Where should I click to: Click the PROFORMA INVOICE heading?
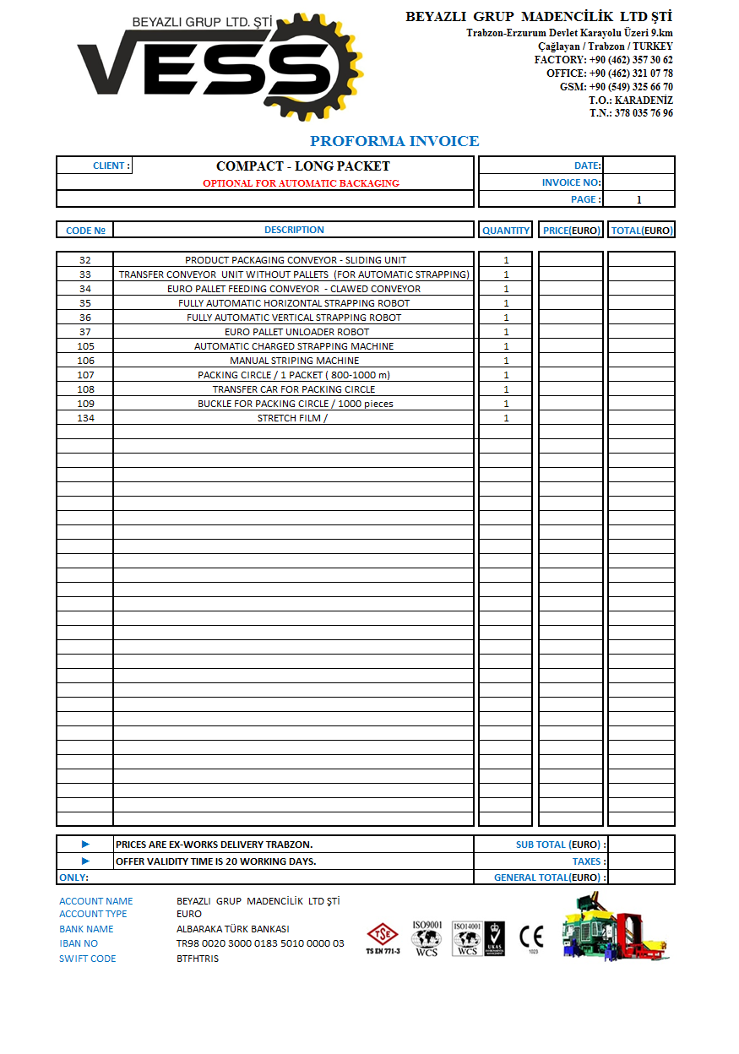click(x=394, y=141)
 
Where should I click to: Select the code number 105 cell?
click(x=85, y=346)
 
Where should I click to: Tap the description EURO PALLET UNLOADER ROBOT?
click(x=294, y=332)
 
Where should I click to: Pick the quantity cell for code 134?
click(x=506, y=418)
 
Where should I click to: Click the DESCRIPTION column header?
click(x=294, y=230)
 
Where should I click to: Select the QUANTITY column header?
click(x=506, y=230)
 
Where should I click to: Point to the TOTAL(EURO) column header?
click(x=641, y=230)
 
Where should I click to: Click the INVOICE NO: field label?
click(x=572, y=182)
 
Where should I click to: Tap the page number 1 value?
click(x=639, y=200)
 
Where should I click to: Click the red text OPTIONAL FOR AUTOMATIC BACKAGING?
click(x=301, y=183)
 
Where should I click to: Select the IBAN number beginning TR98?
click(x=260, y=943)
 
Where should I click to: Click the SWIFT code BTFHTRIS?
click(x=198, y=959)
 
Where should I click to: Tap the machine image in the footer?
click(x=617, y=926)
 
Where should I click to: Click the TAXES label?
click(x=589, y=861)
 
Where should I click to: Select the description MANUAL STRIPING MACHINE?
click(x=294, y=361)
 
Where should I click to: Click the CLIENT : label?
click(x=111, y=166)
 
